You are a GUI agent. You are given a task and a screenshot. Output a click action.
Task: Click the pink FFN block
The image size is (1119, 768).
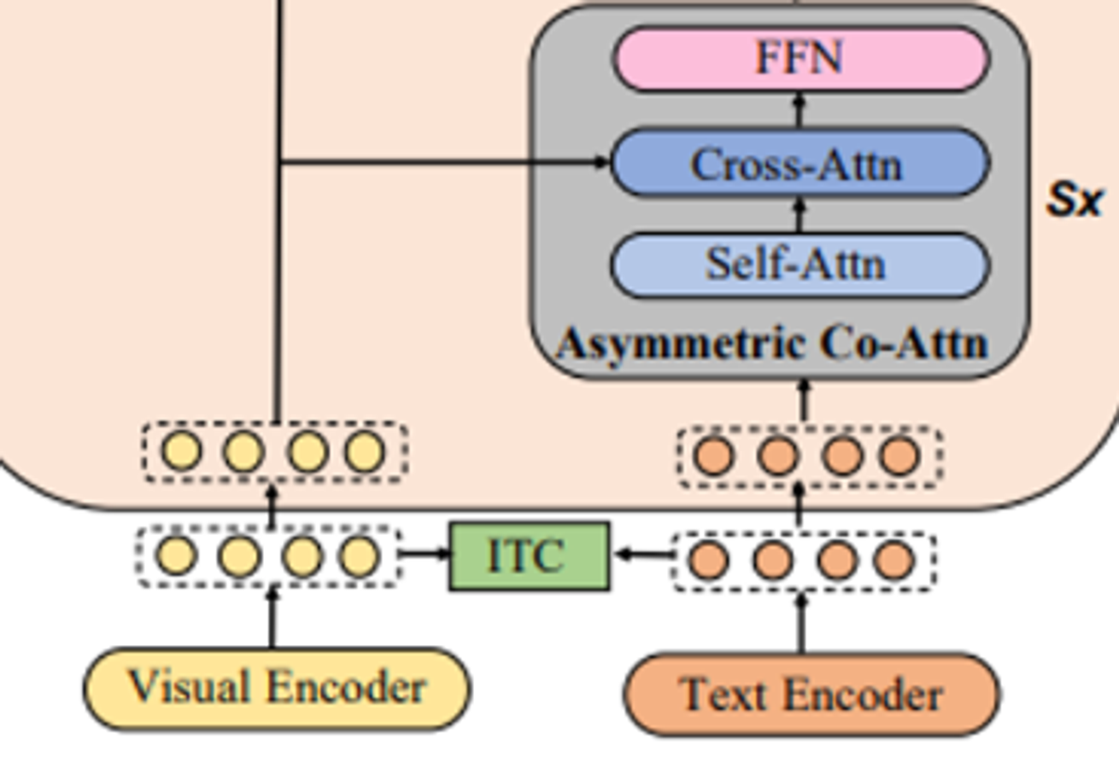(800, 59)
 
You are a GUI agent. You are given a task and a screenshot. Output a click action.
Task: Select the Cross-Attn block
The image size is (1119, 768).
(800, 163)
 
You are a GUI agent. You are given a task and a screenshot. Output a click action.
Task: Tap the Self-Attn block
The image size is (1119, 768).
(800, 265)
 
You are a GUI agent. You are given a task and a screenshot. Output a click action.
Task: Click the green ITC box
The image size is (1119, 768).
(530, 556)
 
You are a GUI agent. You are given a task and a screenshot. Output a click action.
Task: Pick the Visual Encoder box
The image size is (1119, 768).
(278, 689)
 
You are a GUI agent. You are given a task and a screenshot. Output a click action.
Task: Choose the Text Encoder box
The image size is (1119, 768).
(811, 695)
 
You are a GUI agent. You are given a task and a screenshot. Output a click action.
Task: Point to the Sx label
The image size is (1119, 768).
(1074, 201)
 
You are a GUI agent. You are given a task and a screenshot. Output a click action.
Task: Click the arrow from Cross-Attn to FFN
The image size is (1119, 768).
(800, 111)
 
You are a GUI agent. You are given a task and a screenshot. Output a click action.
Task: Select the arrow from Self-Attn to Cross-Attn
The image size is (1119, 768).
(800, 216)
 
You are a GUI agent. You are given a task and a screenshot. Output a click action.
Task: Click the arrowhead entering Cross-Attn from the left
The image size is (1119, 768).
(601, 161)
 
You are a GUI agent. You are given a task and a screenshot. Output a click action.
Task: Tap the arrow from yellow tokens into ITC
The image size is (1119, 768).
(425, 553)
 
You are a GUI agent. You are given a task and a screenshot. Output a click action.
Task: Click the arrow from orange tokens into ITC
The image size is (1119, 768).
(643, 554)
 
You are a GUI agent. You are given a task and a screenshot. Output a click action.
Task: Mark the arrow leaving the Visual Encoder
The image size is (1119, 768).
(272, 618)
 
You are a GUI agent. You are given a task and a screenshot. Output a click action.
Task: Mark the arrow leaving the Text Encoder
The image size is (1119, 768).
(801, 623)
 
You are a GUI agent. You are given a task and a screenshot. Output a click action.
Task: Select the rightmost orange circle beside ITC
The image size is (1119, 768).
(894, 560)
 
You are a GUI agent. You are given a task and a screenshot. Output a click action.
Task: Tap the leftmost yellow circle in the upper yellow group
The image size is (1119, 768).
(182, 451)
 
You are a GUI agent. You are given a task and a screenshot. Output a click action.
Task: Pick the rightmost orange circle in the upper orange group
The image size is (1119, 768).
(899, 455)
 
